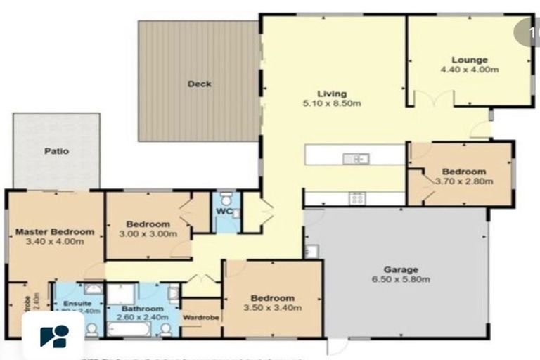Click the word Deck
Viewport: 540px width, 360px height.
pyautogui.click(x=199, y=84)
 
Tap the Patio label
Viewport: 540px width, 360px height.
pyautogui.click(x=56, y=150)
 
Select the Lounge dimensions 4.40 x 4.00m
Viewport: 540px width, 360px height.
pyautogui.click(x=469, y=70)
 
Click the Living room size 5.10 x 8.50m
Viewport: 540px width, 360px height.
pyautogui.click(x=331, y=104)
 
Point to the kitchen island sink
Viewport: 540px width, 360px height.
pyautogui.click(x=356, y=159)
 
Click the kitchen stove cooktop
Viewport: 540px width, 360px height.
pyautogui.click(x=356, y=199)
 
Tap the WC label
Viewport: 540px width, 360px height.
pyautogui.click(x=224, y=211)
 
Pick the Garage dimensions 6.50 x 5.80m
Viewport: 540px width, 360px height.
pyautogui.click(x=401, y=279)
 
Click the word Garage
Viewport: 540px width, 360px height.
pyautogui.click(x=401, y=269)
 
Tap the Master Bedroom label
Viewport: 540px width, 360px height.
pyautogui.click(x=55, y=232)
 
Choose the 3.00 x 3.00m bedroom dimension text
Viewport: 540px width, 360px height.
pyautogui.click(x=148, y=234)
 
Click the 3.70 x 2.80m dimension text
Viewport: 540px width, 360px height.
pyautogui.click(x=463, y=181)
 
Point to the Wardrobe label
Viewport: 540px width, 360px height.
pyautogui.click(x=202, y=317)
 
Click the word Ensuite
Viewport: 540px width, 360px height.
pyautogui.click(x=77, y=303)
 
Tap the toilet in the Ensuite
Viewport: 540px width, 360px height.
pyautogui.click(x=91, y=329)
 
